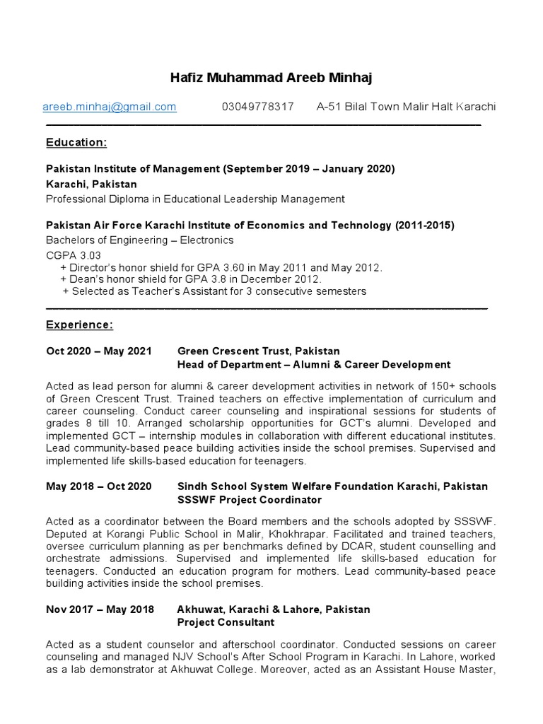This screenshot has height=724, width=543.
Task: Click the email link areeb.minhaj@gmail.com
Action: point(110,107)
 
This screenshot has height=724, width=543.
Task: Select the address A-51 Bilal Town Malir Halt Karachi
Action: point(406,107)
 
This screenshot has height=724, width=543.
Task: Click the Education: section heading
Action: point(76,143)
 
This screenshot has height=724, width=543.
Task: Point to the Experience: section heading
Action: point(79,325)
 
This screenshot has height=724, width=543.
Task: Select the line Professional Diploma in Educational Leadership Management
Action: point(195,199)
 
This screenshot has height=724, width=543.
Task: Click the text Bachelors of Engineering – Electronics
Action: point(139,240)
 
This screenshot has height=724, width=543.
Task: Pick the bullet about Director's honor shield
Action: point(221,267)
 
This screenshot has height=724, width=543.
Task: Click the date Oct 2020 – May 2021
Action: point(99,351)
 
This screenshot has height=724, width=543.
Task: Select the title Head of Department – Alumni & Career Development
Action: point(313,365)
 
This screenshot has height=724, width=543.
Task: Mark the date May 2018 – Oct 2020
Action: point(99,486)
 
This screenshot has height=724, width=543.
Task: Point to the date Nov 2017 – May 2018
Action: point(99,609)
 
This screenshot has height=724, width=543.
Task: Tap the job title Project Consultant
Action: point(226,622)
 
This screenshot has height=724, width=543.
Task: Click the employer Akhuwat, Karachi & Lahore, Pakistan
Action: point(273,609)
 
